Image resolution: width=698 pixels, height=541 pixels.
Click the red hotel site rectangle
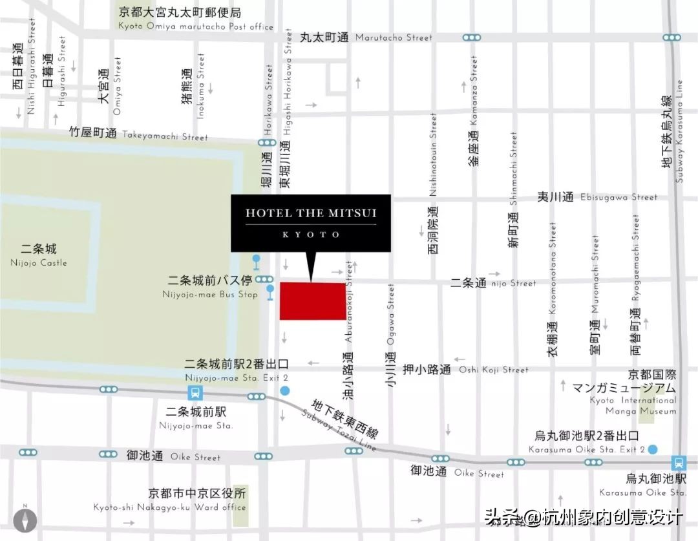312,301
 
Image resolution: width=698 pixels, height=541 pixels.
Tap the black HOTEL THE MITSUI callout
311,223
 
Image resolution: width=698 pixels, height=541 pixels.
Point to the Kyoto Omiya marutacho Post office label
196,19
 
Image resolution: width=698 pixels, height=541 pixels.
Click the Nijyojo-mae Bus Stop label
210,287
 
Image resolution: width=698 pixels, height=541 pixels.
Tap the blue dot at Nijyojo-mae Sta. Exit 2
285,390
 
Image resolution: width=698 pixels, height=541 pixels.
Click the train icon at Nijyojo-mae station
194,392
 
